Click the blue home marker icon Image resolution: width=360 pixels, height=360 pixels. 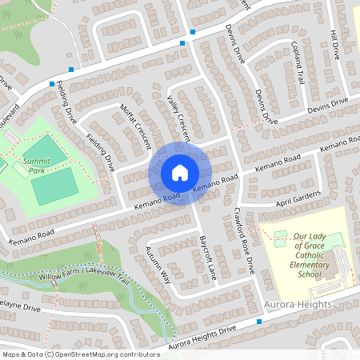click(180, 173)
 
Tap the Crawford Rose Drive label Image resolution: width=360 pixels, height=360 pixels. click(244, 240)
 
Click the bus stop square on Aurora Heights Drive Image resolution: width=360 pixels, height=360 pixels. click(260, 322)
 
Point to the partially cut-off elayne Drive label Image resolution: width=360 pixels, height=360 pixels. click(19, 307)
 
